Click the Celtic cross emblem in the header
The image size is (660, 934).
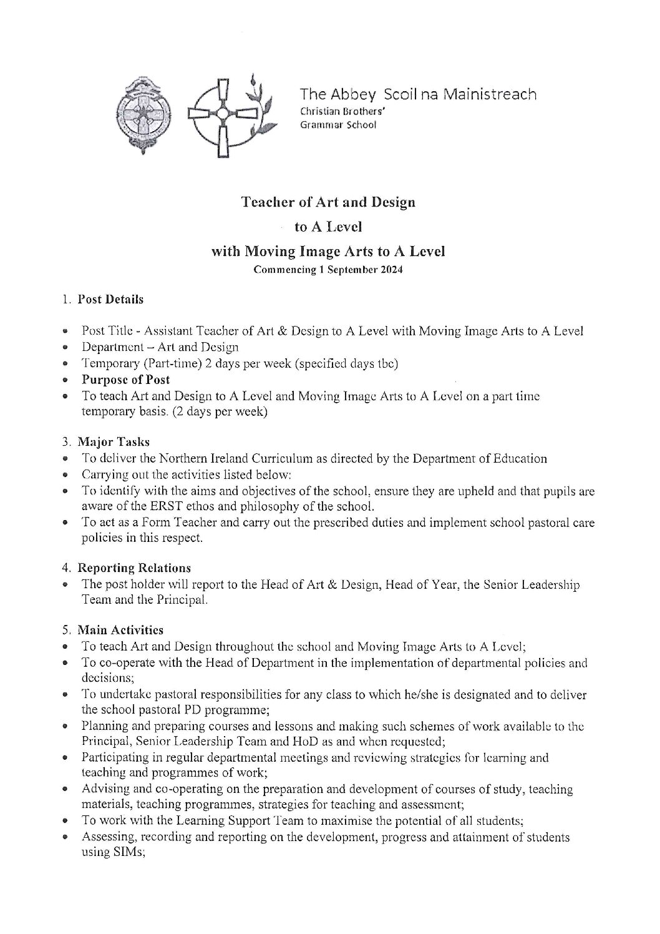click(x=222, y=116)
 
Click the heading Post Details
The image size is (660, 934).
click(x=110, y=299)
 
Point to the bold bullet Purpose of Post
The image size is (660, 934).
click(x=125, y=380)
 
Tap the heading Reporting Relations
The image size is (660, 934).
click(x=133, y=568)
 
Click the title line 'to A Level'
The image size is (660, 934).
click(x=328, y=227)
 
